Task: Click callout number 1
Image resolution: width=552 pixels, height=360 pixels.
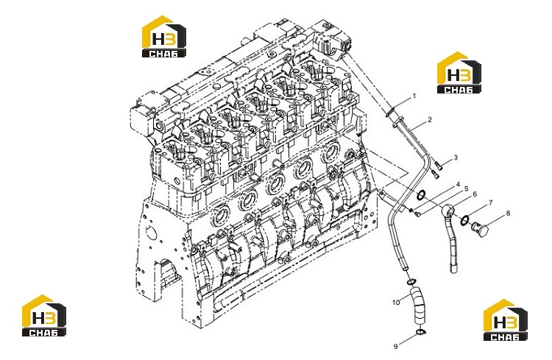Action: pos(414,96)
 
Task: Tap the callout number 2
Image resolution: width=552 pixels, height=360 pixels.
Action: pos(430,120)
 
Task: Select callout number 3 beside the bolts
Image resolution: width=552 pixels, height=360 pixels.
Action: pos(456,157)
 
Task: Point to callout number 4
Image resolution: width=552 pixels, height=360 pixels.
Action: pos(458,184)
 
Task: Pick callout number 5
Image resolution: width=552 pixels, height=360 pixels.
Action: pos(467,188)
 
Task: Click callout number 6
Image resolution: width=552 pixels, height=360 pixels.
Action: pos(475,194)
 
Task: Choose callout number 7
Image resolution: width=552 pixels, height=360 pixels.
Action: pos(490,202)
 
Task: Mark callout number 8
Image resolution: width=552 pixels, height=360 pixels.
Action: pos(508,213)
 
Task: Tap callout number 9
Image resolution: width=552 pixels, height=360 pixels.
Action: pos(396,346)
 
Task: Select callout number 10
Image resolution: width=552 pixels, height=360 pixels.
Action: pos(396,303)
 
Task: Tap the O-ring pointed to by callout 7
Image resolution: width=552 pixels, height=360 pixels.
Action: pos(464,220)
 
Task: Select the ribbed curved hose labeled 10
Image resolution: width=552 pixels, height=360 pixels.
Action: pos(417,306)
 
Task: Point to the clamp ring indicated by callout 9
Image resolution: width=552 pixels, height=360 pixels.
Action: pos(421,332)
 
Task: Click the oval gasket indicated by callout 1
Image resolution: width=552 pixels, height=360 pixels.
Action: pos(390,112)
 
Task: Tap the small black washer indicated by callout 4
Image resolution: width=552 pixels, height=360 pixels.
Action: pos(411,211)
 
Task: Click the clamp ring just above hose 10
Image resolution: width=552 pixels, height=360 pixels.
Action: pos(411,281)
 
